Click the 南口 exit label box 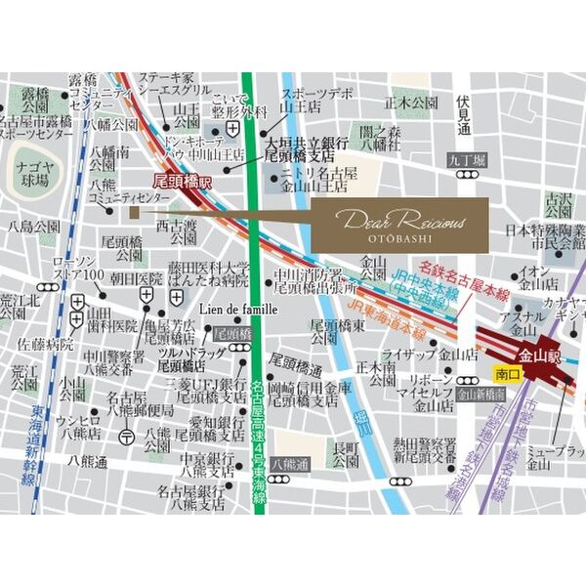506,373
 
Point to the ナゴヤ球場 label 34,174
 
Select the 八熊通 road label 289,465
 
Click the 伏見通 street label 464,113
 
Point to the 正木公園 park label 410,102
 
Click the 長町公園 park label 346,455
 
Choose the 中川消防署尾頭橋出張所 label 308,281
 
